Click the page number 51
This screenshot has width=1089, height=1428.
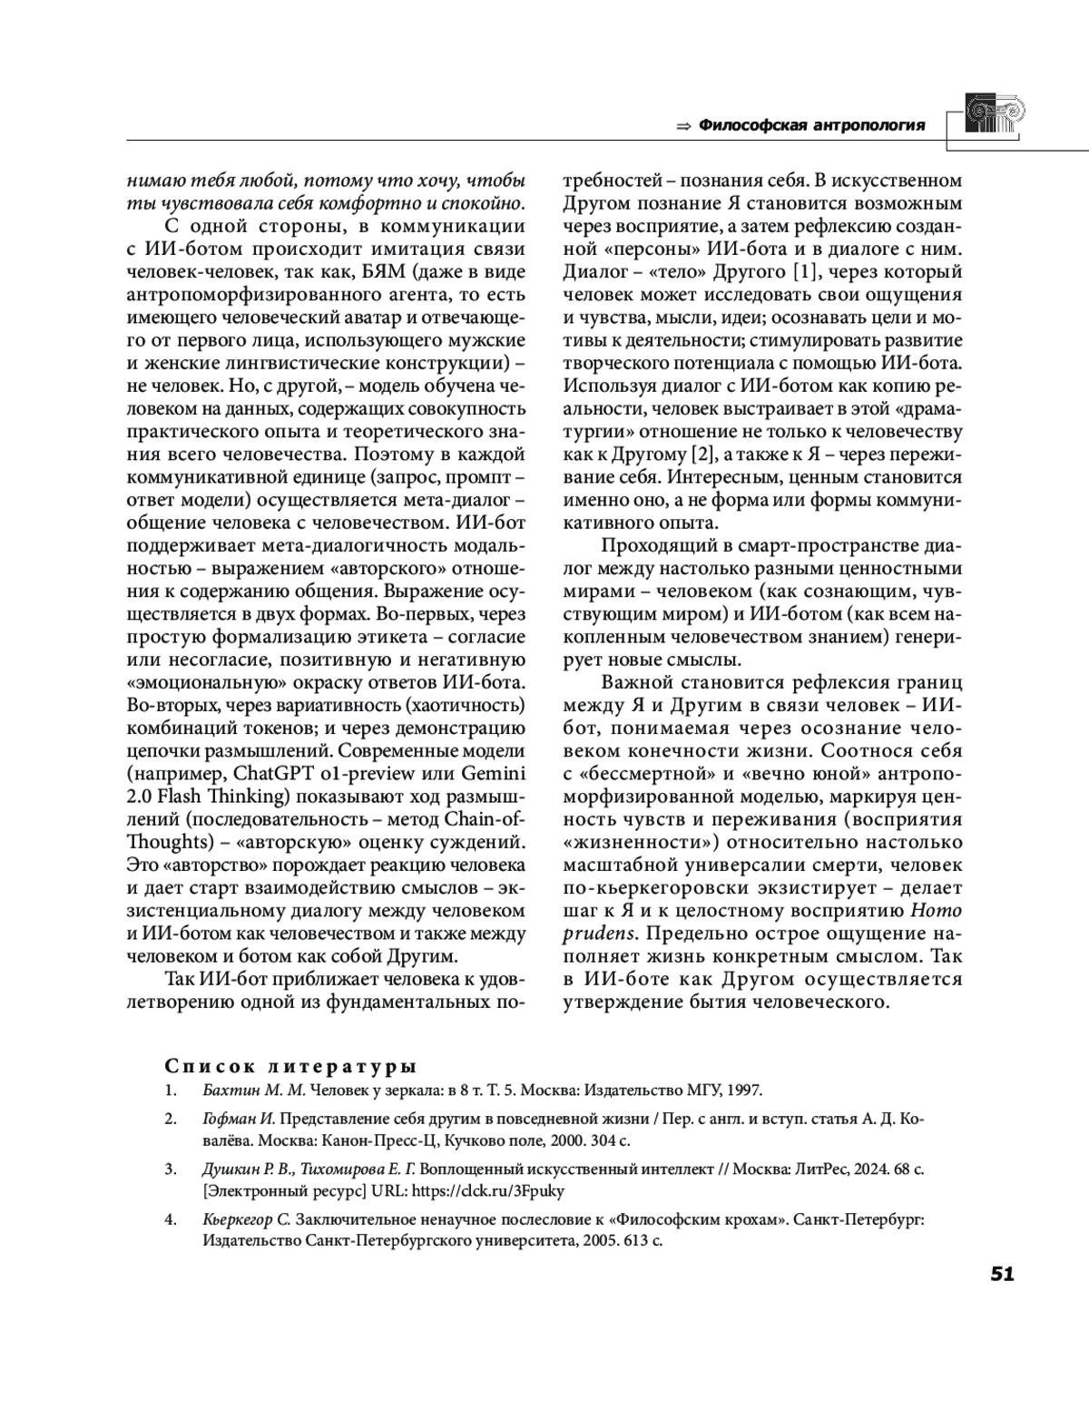point(1002,1275)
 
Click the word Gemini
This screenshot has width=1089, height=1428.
point(494,774)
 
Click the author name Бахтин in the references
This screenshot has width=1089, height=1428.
point(230,1090)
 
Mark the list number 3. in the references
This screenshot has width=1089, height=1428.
point(170,1169)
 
